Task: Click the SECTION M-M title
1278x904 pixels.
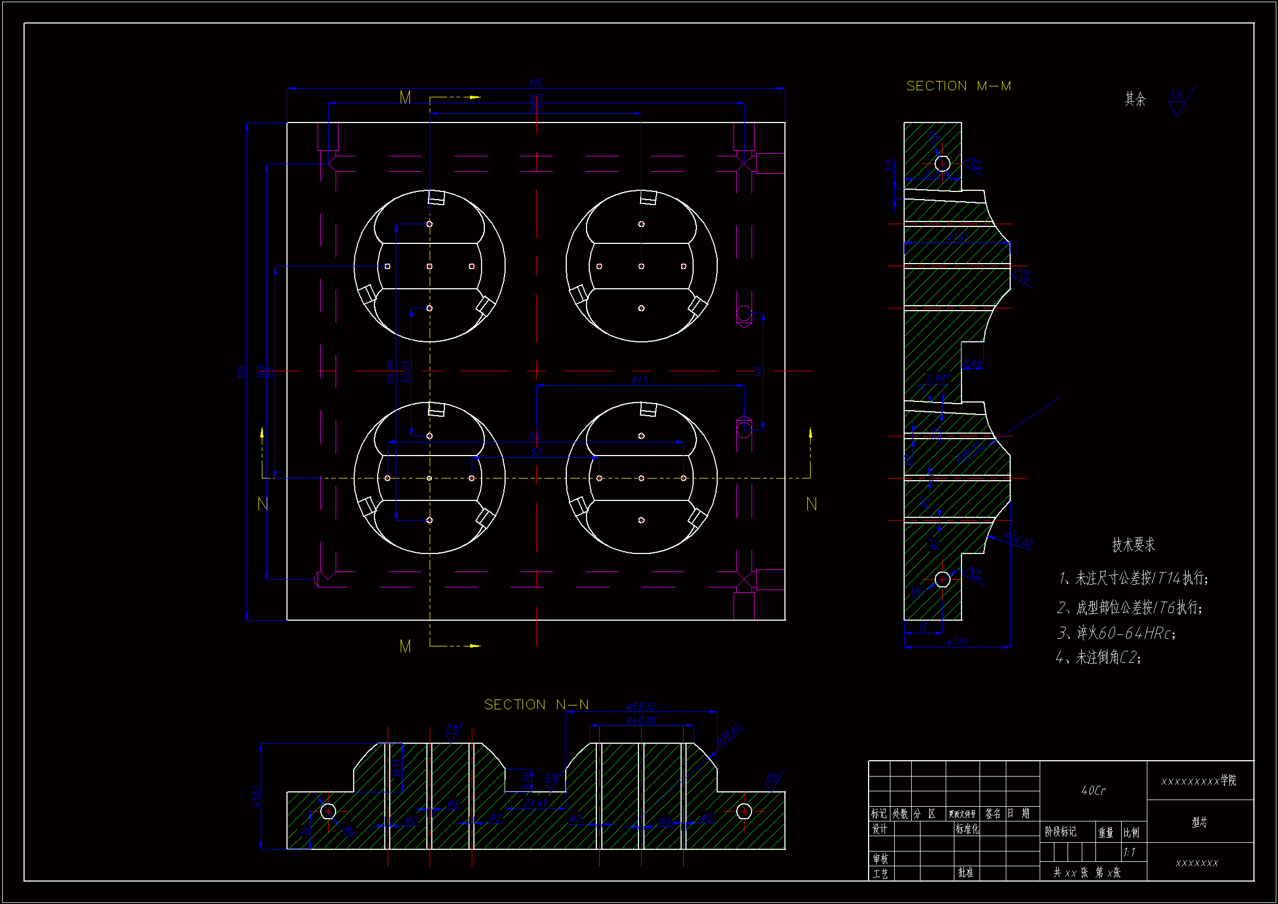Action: (959, 86)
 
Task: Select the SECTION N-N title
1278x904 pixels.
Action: (536, 704)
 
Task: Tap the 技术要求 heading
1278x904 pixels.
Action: (1133, 544)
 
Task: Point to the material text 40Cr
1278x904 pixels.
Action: (1093, 790)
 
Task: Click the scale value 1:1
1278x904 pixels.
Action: (1129, 852)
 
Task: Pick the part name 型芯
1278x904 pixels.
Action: (1199, 822)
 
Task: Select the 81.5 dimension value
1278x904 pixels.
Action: (640, 380)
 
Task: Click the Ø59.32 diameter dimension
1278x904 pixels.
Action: (641, 706)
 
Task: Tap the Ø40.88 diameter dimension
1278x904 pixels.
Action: (641, 720)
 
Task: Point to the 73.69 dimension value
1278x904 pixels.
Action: (536, 803)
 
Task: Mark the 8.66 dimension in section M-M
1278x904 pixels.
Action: (972, 363)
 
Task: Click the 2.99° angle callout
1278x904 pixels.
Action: (938, 378)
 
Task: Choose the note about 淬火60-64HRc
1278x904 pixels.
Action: (1116, 633)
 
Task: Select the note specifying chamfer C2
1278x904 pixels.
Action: (1099, 658)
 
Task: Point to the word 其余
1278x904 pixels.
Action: (1135, 99)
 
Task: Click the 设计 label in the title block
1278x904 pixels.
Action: (880, 830)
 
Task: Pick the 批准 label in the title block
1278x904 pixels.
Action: (966, 872)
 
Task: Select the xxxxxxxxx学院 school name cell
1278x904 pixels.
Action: (1199, 781)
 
